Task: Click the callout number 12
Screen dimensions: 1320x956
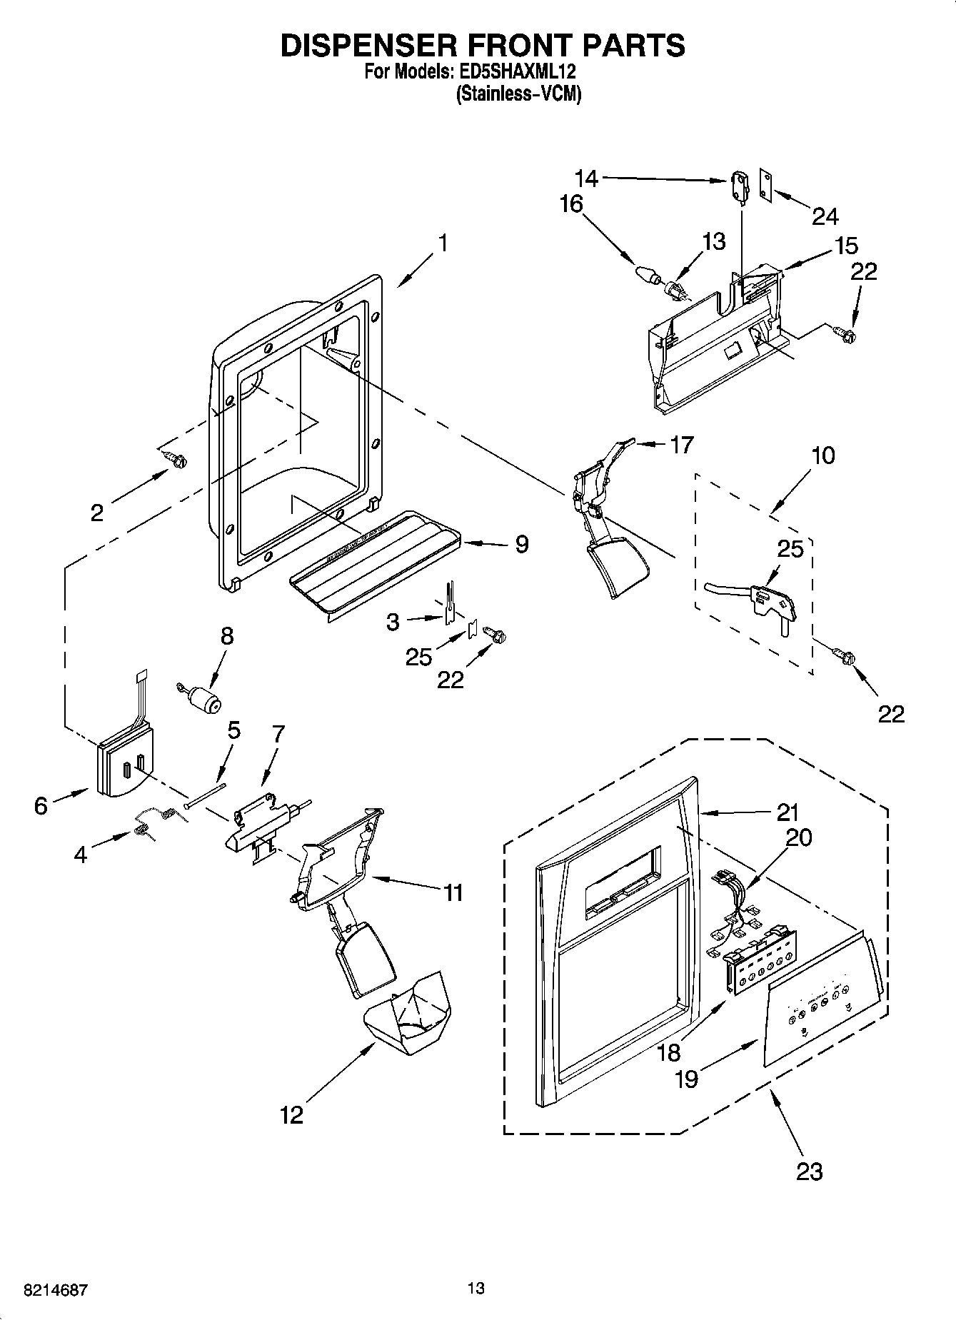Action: [x=291, y=1114]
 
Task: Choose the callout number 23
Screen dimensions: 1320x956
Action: [x=809, y=1171]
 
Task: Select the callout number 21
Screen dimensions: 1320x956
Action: [x=787, y=812]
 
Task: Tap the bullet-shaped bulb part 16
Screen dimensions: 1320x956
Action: [x=645, y=273]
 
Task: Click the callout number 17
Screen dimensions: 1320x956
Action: [x=681, y=445]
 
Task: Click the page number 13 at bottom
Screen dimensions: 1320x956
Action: [x=476, y=1288]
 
